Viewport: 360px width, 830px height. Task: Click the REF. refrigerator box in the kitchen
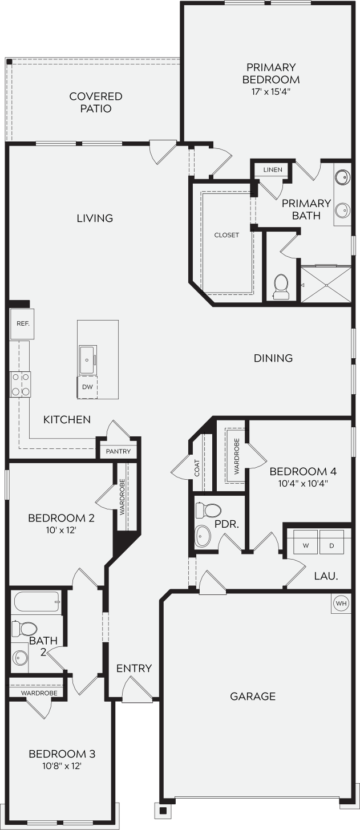(x=22, y=323)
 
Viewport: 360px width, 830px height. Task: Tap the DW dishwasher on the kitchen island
(x=87, y=387)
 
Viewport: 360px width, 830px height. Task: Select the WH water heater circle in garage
(x=341, y=604)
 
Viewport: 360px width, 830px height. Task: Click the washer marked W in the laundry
(x=306, y=542)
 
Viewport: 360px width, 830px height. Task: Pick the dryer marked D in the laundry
(x=331, y=542)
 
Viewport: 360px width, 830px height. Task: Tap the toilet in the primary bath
(x=281, y=286)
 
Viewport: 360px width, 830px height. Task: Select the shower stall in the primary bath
(x=325, y=285)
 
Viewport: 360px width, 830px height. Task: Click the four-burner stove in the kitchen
(x=20, y=384)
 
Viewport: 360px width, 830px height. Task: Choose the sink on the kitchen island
(x=87, y=360)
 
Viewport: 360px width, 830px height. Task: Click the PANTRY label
(x=118, y=451)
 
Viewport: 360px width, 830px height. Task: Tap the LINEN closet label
(x=273, y=170)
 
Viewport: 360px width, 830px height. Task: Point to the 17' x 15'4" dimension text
(x=271, y=91)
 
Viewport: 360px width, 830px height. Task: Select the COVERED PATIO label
(x=96, y=103)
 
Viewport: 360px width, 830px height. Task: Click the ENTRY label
(x=134, y=668)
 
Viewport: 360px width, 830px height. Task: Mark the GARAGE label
(x=253, y=696)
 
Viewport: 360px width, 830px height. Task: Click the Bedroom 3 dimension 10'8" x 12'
(x=62, y=766)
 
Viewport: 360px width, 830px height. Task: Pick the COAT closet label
(x=197, y=468)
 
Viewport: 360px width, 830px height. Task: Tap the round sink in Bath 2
(x=20, y=658)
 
